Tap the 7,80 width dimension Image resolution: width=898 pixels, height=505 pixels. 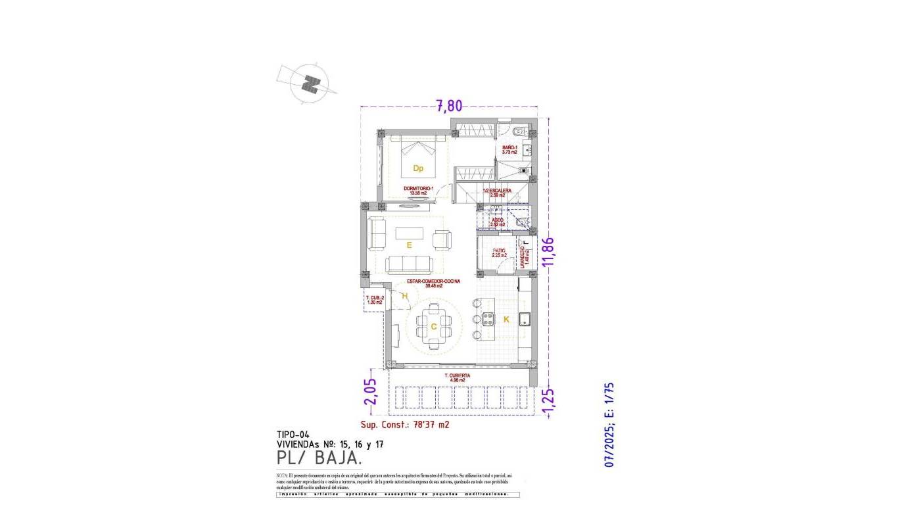pyautogui.click(x=450, y=105)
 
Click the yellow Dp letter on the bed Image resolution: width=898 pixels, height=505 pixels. pyautogui.click(x=418, y=168)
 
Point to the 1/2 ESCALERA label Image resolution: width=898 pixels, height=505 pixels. pyautogui.click(x=497, y=193)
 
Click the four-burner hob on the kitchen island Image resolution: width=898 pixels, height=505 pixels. pyautogui.click(x=488, y=320)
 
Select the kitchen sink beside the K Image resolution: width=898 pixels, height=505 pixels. pyautogui.click(x=525, y=320)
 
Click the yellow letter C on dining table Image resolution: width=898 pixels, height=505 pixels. pyautogui.click(x=434, y=327)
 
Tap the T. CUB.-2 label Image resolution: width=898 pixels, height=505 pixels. pyautogui.click(x=374, y=300)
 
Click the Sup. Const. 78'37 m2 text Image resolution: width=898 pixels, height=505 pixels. pyautogui.click(x=405, y=425)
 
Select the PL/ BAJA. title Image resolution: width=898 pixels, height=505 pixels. pyautogui.click(x=319, y=457)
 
